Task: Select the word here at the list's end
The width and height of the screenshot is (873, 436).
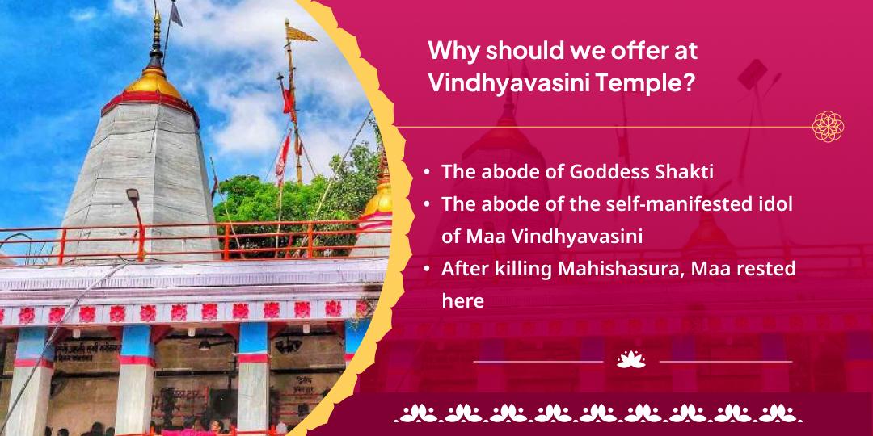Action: click(462, 301)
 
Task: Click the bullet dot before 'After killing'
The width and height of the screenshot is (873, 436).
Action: click(426, 269)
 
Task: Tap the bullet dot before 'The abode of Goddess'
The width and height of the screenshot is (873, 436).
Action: click(426, 172)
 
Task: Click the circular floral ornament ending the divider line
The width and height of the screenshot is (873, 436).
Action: click(828, 127)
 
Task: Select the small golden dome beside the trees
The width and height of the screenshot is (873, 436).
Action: click(377, 198)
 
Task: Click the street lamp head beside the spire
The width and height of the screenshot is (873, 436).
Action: click(132, 196)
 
